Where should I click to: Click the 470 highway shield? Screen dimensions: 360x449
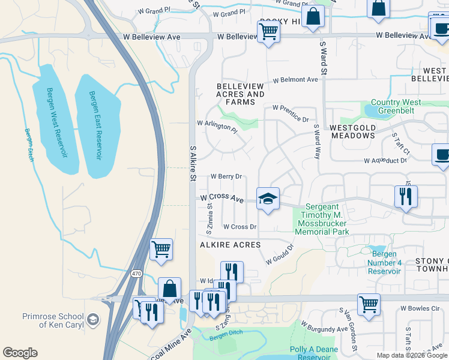137,273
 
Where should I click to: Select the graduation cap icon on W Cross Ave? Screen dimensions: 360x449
268,199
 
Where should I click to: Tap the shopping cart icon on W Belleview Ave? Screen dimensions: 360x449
268,31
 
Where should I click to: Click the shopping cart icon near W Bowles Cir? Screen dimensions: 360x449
369,304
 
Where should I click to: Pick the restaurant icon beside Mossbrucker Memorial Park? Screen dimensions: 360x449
406,196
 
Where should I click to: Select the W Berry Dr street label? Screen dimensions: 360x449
226,176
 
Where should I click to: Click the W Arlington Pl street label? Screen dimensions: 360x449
217,126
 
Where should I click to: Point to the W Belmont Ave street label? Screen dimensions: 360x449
295,80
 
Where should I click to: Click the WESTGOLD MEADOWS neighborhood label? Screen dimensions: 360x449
352,131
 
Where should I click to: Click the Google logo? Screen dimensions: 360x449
20,353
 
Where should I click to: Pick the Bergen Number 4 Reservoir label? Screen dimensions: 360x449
384,263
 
